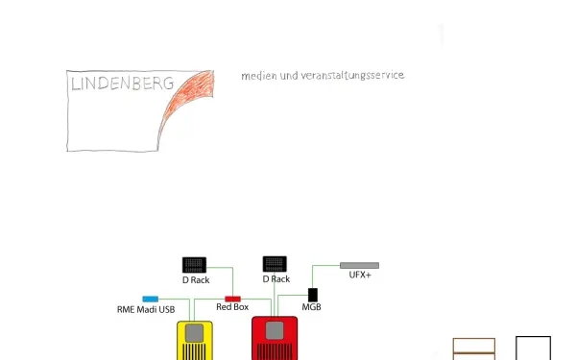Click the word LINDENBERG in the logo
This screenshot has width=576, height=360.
(x=122, y=84)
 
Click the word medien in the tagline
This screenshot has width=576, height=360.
(x=257, y=75)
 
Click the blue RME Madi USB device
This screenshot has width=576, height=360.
(x=150, y=300)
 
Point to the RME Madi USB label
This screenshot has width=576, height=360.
(x=146, y=310)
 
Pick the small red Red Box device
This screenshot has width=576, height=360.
(x=232, y=299)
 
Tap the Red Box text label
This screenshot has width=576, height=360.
(x=232, y=307)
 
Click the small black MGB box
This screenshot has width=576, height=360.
(x=312, y=293)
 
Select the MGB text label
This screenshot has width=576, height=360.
(x=312, y=307)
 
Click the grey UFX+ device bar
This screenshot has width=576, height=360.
(x=359, y=265)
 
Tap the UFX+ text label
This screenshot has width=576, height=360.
(x=360, y=276)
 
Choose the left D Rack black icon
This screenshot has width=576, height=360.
(x=195, y=264)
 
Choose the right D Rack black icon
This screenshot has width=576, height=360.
(x=275, y=263)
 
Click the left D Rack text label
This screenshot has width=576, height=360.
(x=196, y=280)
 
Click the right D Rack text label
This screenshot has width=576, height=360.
(x=276, y=279)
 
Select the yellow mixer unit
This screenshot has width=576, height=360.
(x=196, y=340)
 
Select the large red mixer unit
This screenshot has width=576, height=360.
(x=275, y=338)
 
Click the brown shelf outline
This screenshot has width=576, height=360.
(x=474, y=348)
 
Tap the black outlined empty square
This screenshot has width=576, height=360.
(x=533, y=348)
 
